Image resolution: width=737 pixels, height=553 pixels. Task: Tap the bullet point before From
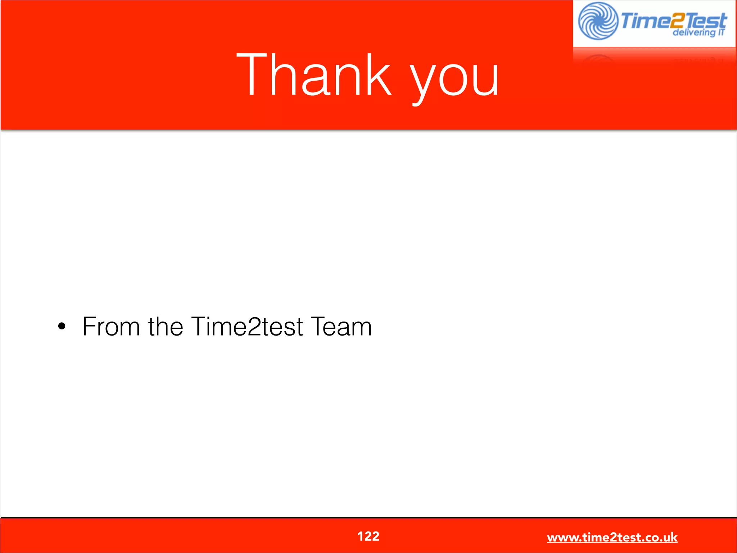click(62, 327)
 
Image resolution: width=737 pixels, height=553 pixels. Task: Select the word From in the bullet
click(111, 327)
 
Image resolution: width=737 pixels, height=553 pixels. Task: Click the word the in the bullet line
click(166, 327)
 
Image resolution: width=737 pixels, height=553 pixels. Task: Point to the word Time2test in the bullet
click(247, 327)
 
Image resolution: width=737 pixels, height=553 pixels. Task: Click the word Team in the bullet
click(341, 327)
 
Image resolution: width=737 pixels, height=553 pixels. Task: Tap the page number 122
click(368, 536)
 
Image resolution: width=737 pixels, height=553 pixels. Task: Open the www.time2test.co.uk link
click(612, 537)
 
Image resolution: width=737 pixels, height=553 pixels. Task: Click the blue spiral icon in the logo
click(598, 21)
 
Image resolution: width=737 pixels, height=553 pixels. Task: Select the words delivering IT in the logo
click(698, 32)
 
